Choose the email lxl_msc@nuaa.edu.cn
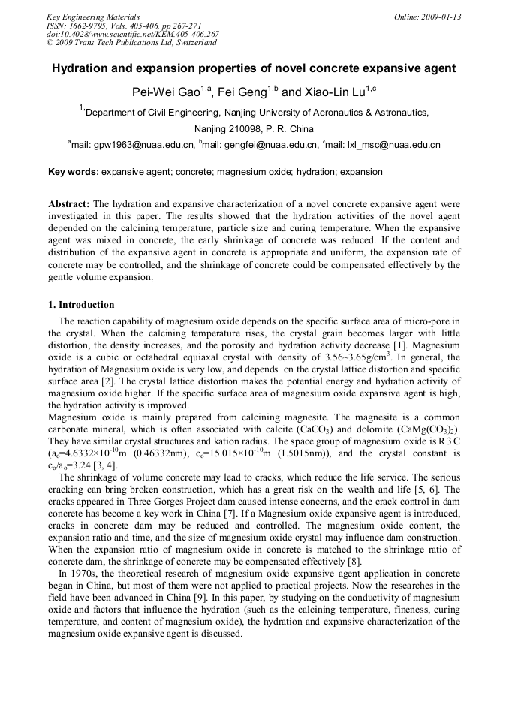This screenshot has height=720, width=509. tap(393, 145)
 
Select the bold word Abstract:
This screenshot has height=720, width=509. tap(69, 204)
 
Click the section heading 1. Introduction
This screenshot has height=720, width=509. tap(81, 305)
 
